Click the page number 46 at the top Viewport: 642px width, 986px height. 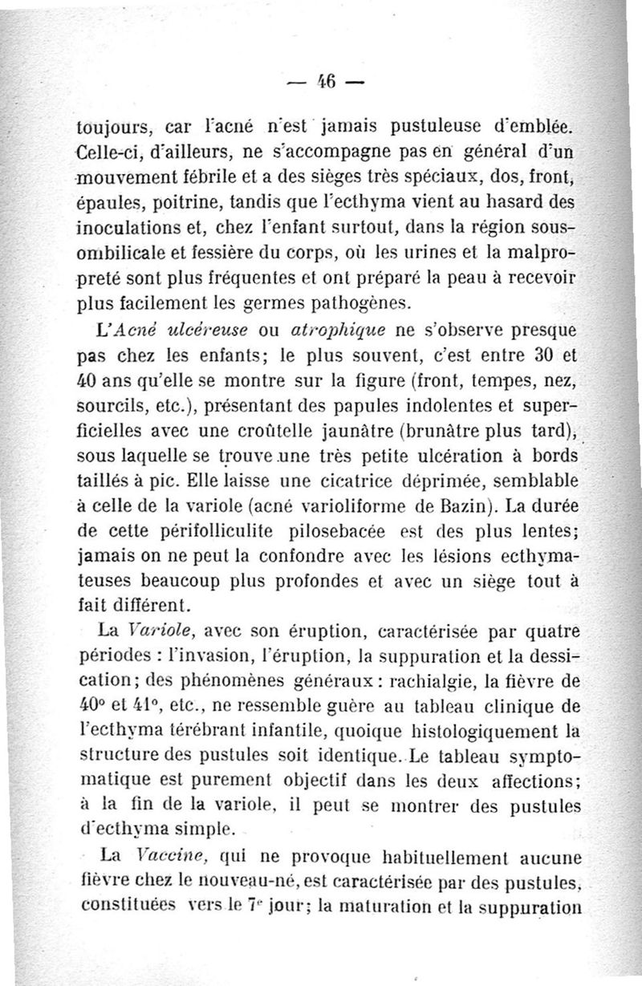pos(326,81)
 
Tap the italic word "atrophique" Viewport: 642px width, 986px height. pos(330,330)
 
